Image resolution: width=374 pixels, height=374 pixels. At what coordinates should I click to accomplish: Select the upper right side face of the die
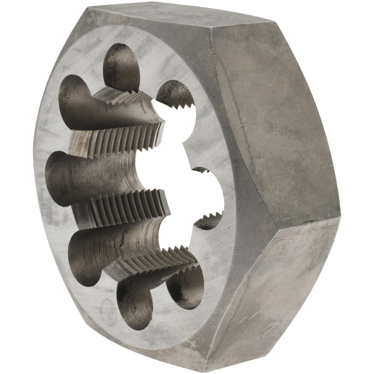[x=277, y=112]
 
